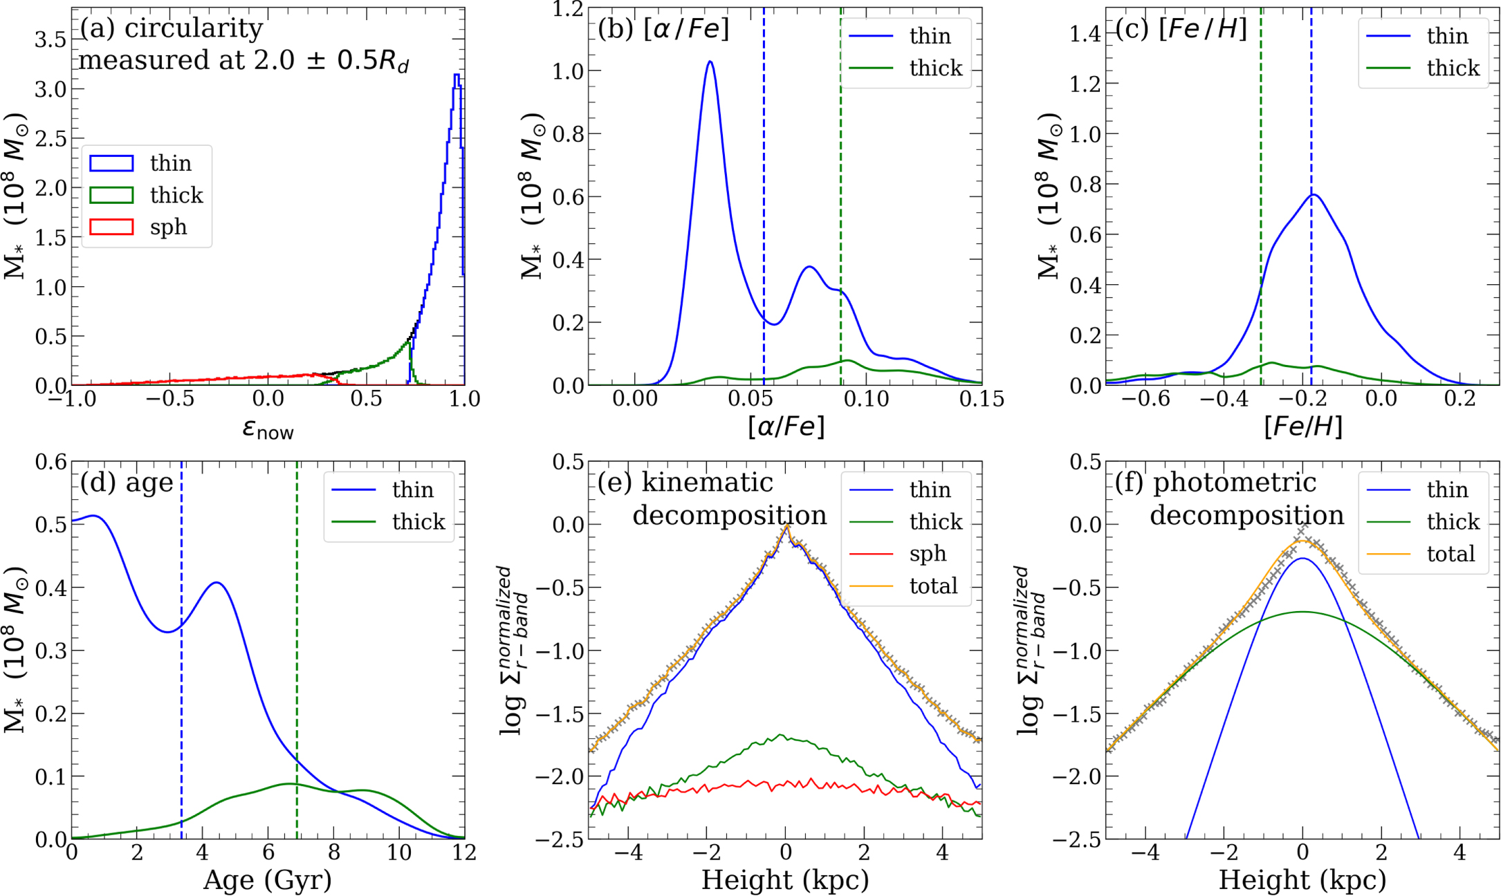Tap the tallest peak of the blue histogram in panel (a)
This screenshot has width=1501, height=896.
tap(457, 75)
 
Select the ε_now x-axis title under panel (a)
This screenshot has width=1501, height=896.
tap(268, 429)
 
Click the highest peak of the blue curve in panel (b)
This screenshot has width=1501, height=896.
tap(710, 62)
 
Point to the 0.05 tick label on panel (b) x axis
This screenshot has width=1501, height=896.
tap(750, 399)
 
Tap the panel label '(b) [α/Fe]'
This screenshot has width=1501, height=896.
tap(663, 29)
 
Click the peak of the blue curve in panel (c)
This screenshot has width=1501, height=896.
tap(1312, 195)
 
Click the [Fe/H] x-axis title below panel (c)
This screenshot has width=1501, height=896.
tap(1302, 427)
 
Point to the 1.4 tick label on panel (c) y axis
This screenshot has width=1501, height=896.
tap(1085, 33)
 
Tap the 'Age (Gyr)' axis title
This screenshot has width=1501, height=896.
tap(268, 880)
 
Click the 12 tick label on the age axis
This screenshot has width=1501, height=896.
tap(464, 852)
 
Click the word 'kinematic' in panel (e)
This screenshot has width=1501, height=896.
tap(707, 483)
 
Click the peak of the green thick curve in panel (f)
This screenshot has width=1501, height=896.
tap(1302, 612)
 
